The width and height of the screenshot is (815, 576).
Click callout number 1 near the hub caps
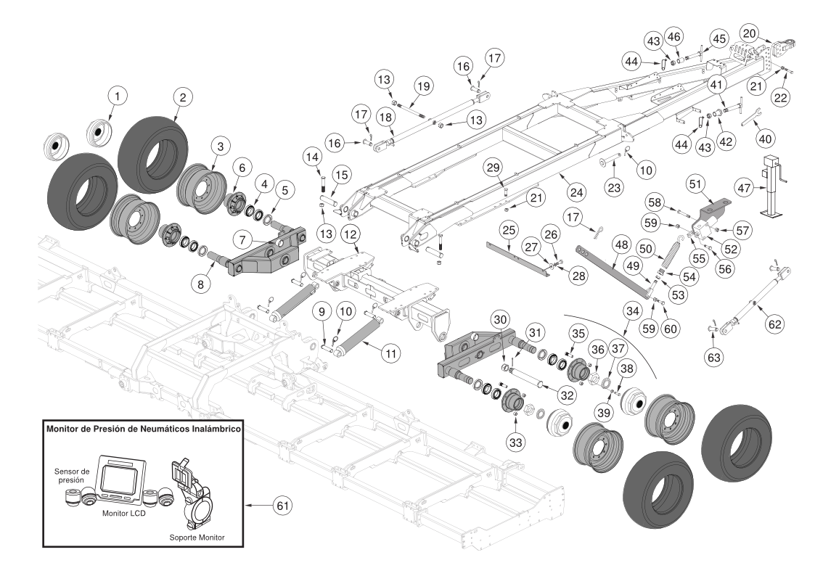click(118, 94)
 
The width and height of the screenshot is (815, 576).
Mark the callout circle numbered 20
click(750, 33)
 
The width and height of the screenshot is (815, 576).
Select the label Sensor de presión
click(72, 474)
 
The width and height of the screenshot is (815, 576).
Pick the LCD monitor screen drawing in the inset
click(115, 478)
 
